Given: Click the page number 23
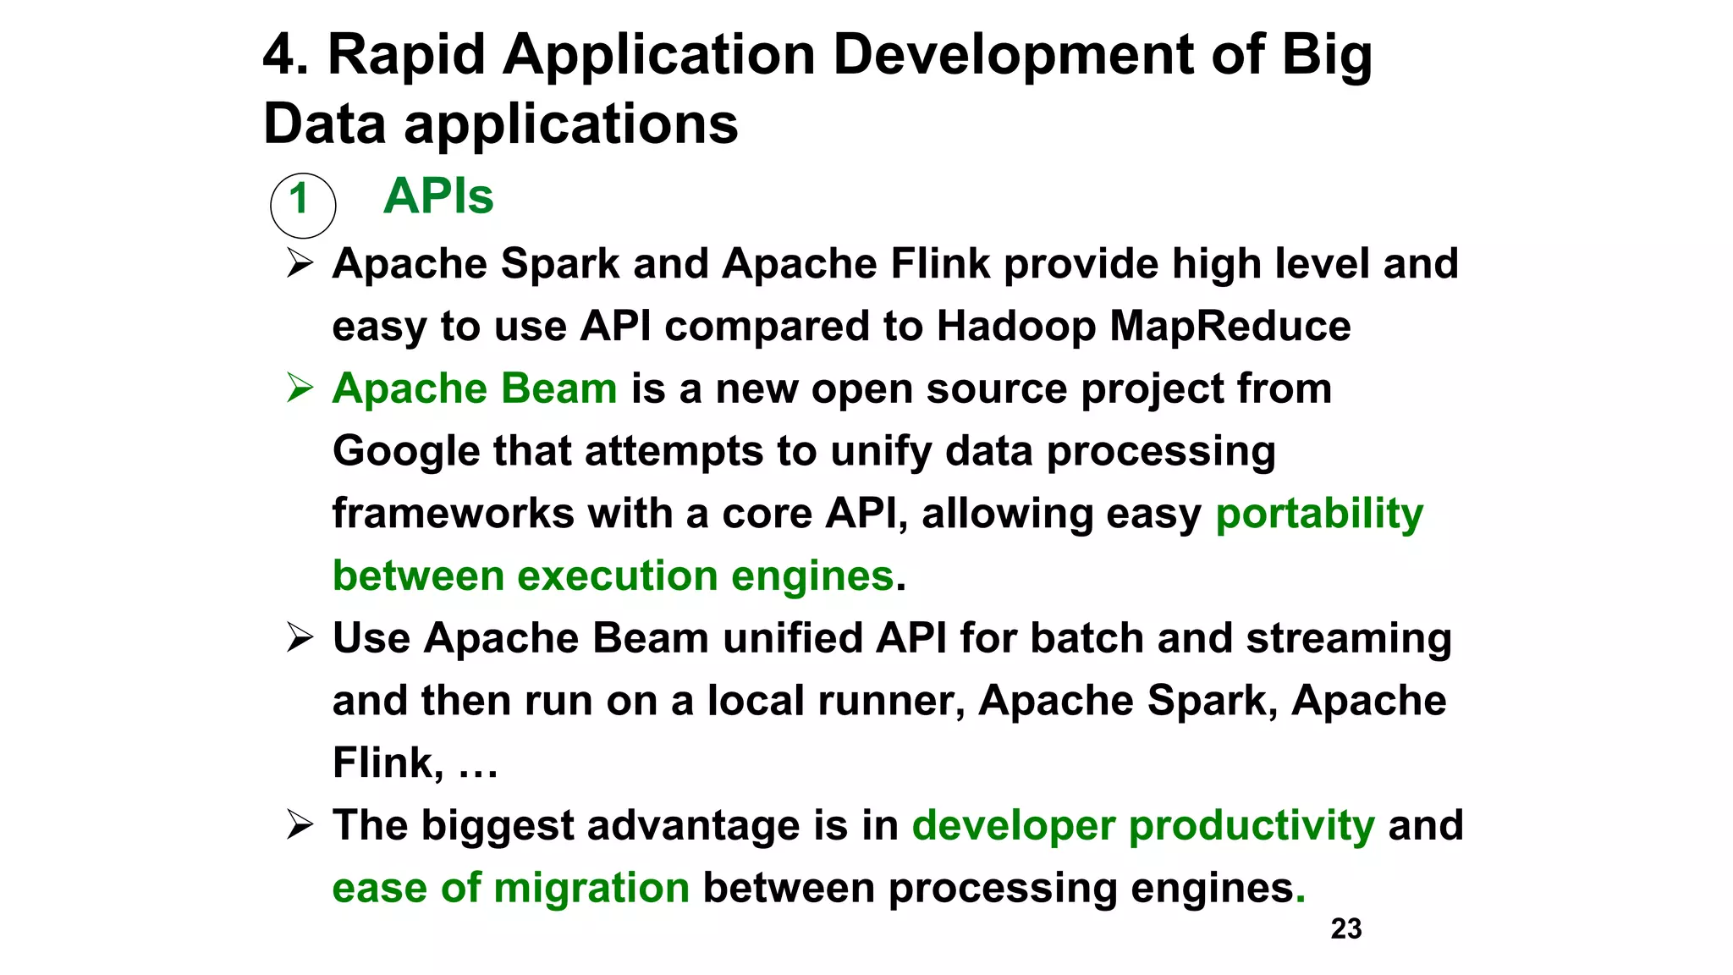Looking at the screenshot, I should [1345, 928].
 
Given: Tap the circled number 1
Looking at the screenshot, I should [302, 204].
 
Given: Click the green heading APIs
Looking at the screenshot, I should [437, 196].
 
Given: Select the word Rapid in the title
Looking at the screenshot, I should [405, 55].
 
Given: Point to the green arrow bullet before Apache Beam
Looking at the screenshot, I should [300, 388].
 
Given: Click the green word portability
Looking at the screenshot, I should [1318, 515].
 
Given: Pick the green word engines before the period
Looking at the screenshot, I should [811, 577].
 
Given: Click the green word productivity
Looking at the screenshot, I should [1252, 826].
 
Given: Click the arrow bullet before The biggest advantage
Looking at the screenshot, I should [300, 824].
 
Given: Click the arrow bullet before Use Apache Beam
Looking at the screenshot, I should [300, 637].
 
